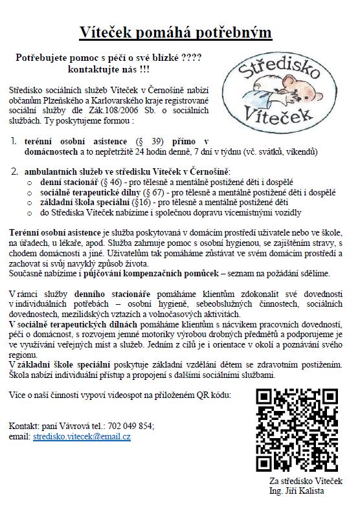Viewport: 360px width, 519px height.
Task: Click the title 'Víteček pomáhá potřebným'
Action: (x=179, y=31)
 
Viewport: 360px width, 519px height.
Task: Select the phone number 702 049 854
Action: (x=134, y=426)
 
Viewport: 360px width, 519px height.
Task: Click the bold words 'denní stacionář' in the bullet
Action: (x=69, y=182)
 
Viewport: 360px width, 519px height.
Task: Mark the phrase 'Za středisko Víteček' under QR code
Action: (x=306, y=481)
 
